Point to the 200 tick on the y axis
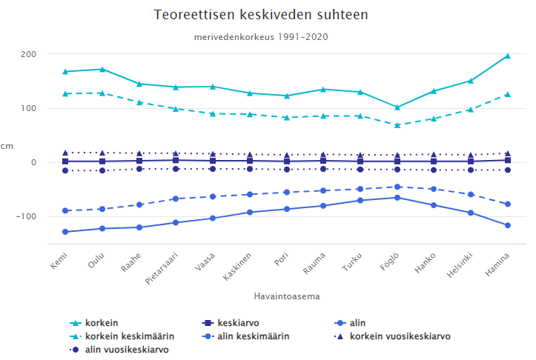(x=29, y=54)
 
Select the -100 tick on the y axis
(x=27, y=216)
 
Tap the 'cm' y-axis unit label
(x=7, y=147)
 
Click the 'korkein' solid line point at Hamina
(x=507, y=56)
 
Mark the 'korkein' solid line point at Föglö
(x=397, y=107)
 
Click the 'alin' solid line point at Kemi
(x=65, y=232)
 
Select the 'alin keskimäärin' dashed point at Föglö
(x=397, y=187)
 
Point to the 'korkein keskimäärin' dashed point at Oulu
(x=102, y=93)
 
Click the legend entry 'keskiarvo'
(x=237, y=323)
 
